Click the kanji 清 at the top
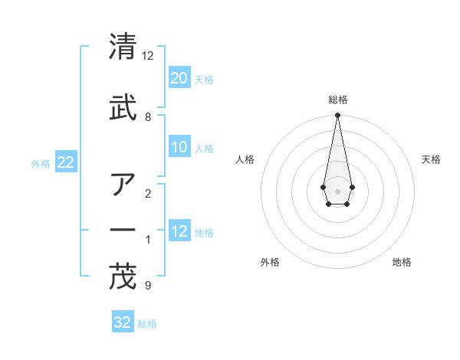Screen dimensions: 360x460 (x=123, y=47)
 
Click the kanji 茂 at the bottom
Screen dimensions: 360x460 (x=123, y=277)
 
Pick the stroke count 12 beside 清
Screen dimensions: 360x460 (x=148, y=57)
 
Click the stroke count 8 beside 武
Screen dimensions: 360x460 (x=148, y=117)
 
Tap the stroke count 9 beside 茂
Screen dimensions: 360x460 (x=148, y=286)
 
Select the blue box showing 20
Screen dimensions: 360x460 (x=179, y=77)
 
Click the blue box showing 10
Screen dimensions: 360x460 (x=179, y=147)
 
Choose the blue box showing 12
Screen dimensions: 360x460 (x=179, y=231)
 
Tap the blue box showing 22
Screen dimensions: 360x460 (x=65, y=162)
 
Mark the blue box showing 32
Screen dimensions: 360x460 (x=123, y=322)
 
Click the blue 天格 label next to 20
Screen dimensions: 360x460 (x=204, y=79)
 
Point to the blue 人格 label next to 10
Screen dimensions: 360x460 (x=204, y=149)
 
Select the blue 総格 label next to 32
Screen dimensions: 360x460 (x=147, y=323)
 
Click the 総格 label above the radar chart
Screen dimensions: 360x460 (x=337, y=100)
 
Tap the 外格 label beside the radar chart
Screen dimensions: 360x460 (x=270, y=262)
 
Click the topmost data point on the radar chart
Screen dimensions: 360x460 (x=337, y=116)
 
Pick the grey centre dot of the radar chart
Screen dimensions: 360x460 (x=337, y=190)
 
